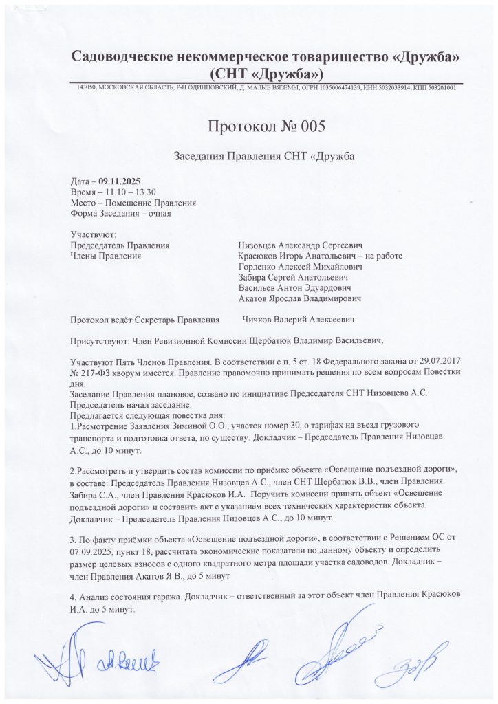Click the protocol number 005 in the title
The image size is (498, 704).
(306, 126)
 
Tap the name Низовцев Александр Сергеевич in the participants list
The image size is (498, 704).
(301, 245)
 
